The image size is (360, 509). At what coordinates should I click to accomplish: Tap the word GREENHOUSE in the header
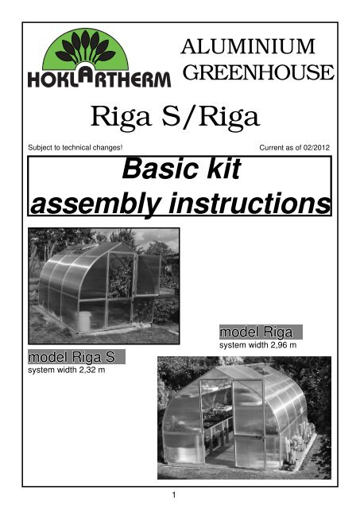point(257,73)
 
